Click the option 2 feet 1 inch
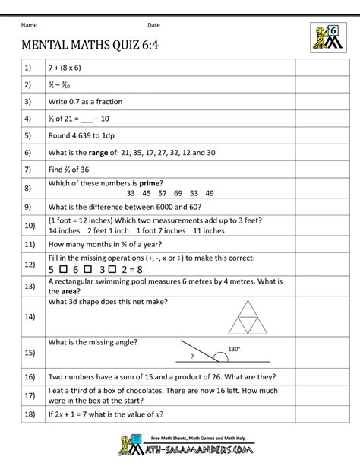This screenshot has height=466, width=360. coord(108,230)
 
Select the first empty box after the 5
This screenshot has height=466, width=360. coord(65,270)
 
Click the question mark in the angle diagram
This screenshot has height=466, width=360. coord(192,356)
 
